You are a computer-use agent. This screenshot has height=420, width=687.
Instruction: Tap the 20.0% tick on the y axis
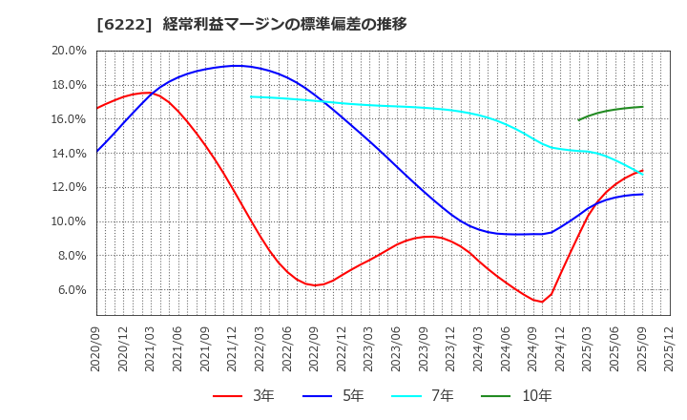(67, 51)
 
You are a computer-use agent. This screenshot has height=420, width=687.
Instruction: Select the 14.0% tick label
(67, 153)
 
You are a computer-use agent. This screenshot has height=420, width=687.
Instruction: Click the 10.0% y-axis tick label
(67, 221)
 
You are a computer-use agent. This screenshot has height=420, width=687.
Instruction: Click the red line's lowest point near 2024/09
(542, 302)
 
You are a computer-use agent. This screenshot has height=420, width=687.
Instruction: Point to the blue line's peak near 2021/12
(236, 66)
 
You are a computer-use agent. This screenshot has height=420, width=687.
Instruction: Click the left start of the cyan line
(251, 96)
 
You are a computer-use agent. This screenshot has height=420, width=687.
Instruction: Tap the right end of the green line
(642, 107)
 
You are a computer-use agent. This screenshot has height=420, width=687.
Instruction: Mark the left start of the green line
(578, 119)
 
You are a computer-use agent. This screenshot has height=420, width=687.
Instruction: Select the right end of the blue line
(642, 194)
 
